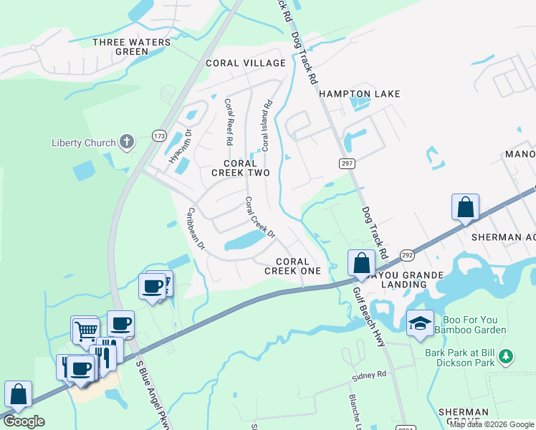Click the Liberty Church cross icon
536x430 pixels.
[126, 141]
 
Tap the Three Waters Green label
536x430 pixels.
[133, 47]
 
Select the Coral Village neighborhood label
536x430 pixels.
[246, 63]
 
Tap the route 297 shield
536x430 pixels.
[347, 164]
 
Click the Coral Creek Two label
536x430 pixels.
[241, 168]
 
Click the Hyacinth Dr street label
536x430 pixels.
[180, 146]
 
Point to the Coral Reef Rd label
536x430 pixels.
[229, 123]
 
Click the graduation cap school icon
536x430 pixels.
[419, 323]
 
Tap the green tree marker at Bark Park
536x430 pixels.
[506, 355]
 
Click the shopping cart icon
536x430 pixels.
[86, 330]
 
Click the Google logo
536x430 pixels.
[24, 421]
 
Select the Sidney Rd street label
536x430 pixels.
[369, 375]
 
